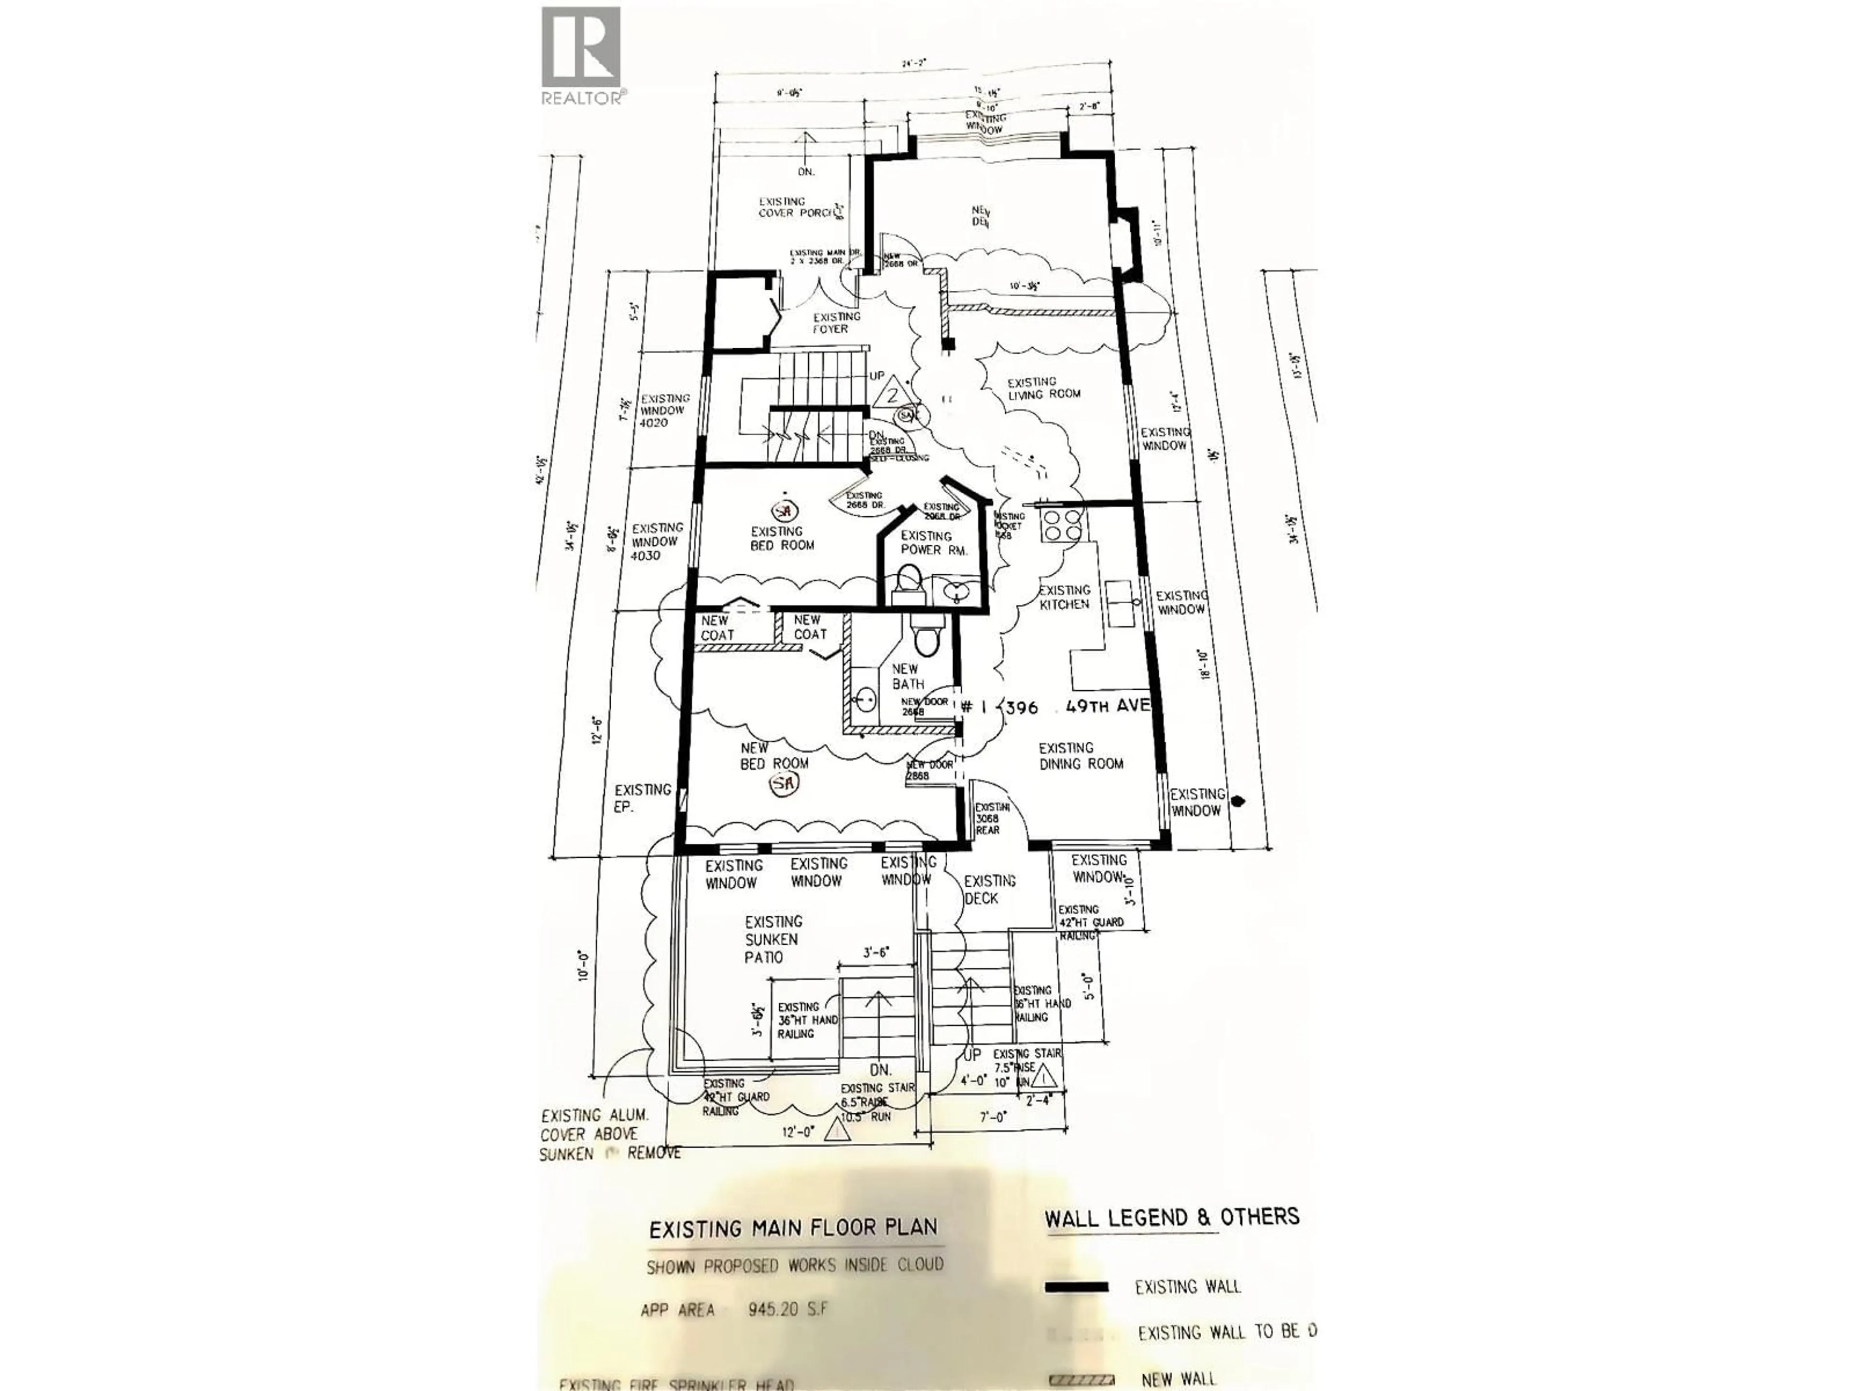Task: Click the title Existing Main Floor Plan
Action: click(x=793, y=1229)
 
